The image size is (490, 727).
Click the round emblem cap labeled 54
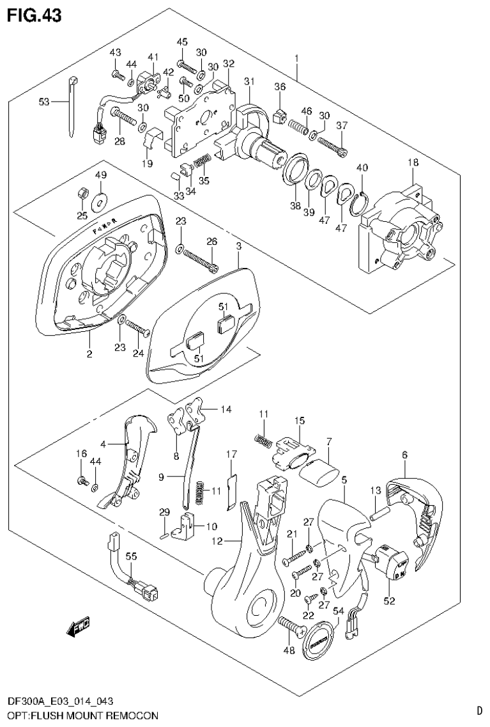tap(318, 640)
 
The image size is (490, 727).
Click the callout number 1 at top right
tap(296, 59)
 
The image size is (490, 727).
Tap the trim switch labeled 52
tap(388, 561)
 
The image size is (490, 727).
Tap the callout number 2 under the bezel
tap(89, 354)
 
